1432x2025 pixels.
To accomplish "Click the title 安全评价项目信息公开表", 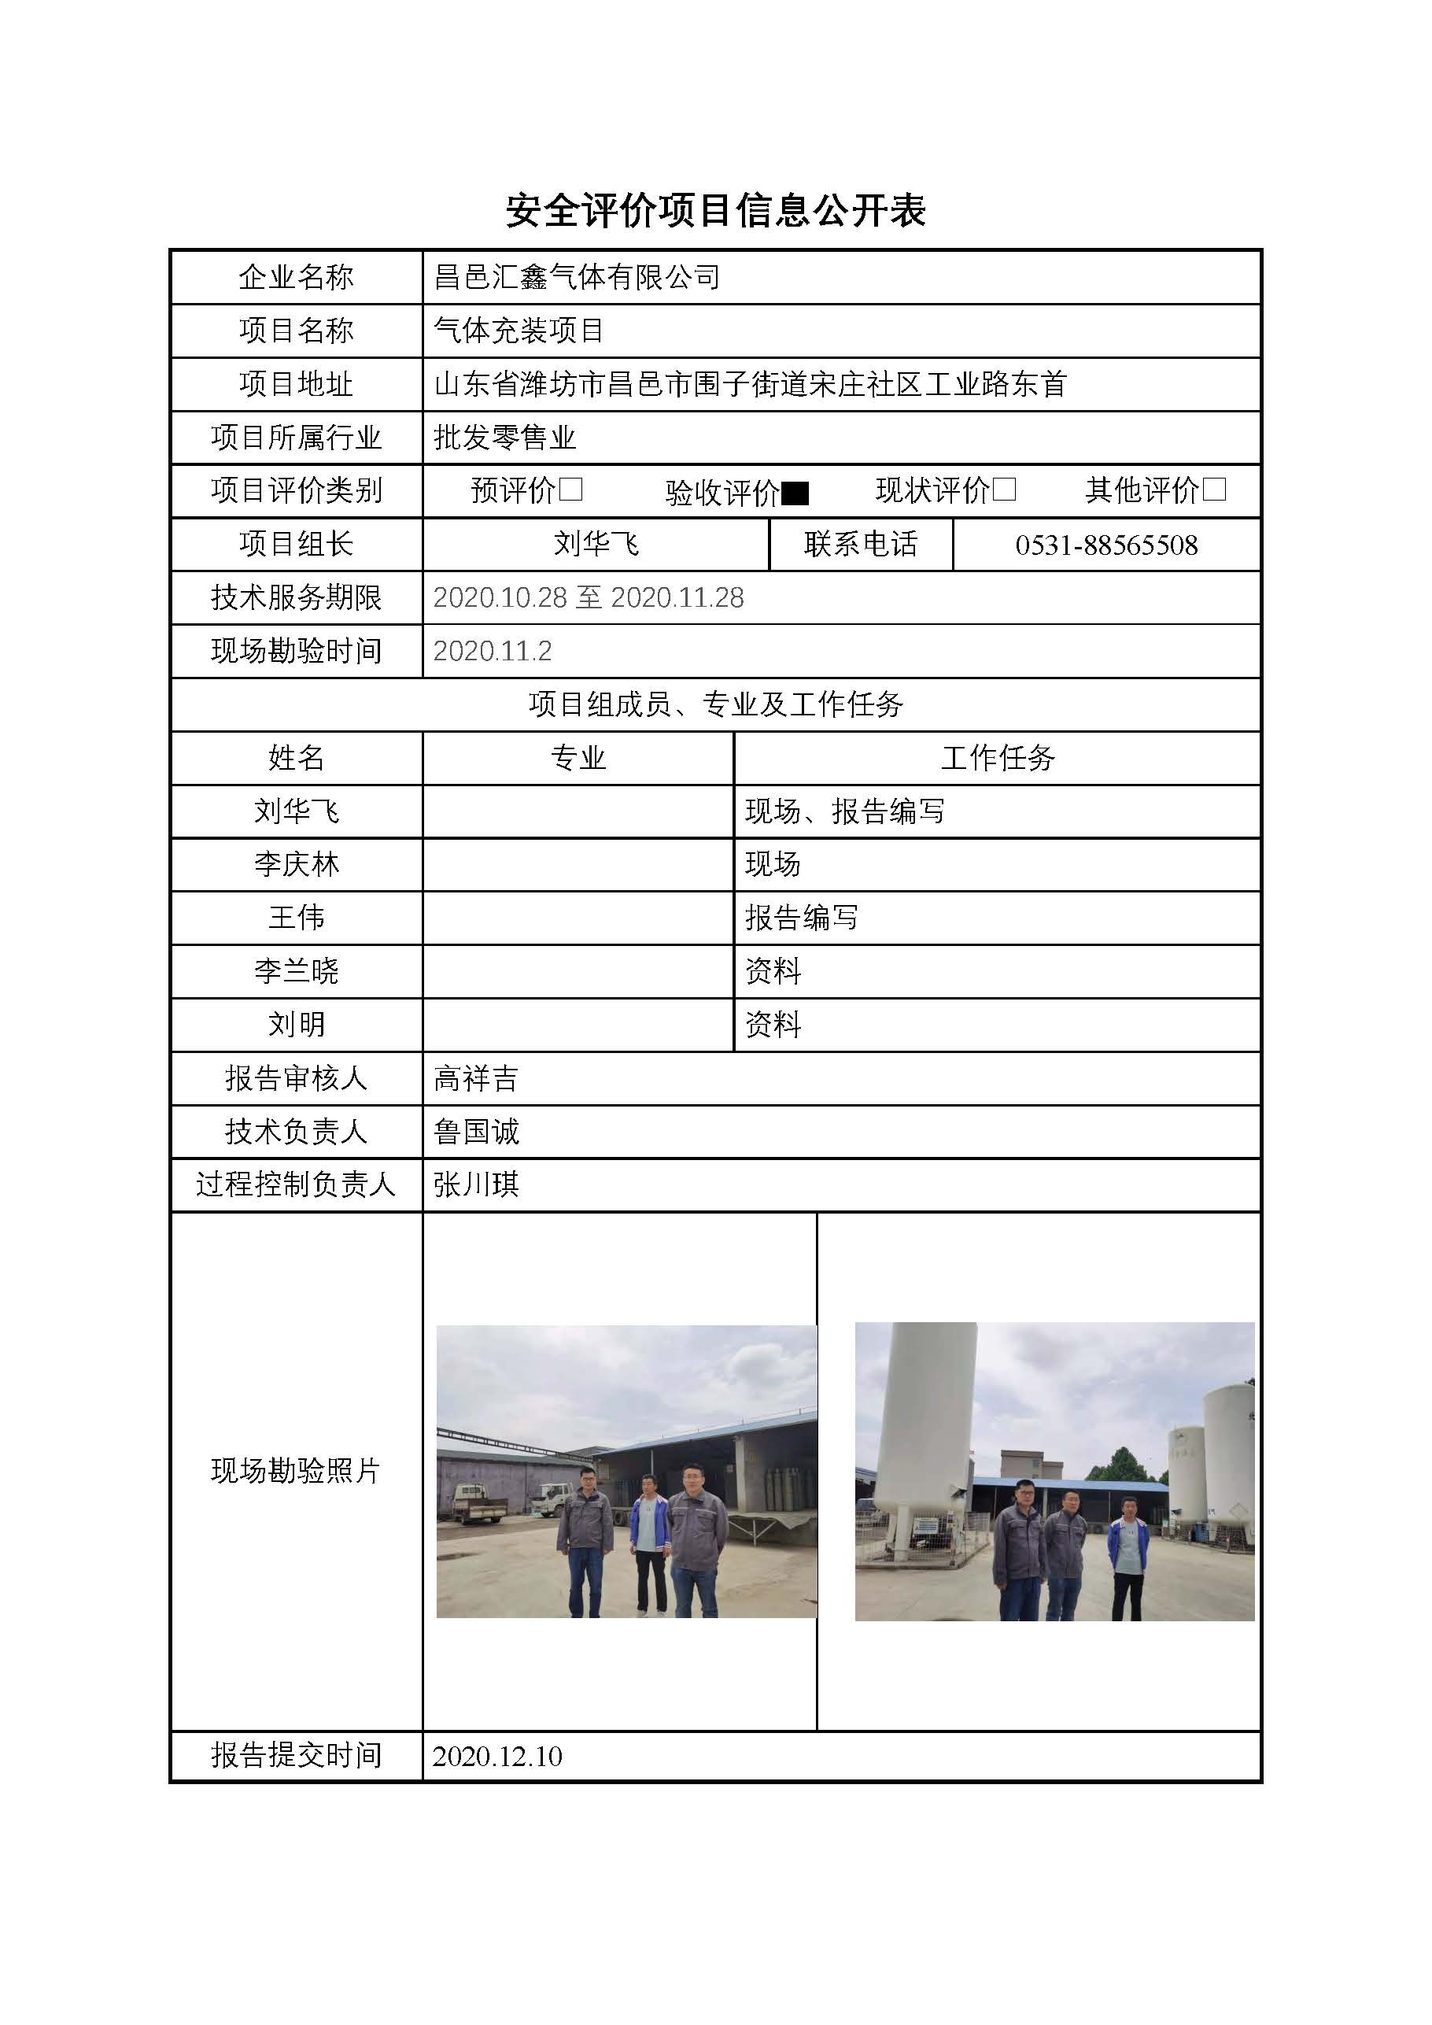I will [715, 211].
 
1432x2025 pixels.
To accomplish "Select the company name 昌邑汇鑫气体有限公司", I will [577, 278].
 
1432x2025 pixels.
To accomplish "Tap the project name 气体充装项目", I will [519, 331].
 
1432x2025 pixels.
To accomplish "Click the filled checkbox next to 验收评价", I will [795, 493].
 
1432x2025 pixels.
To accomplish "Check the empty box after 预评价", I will [571, 490].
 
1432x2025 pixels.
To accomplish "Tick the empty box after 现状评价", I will [1004, 490].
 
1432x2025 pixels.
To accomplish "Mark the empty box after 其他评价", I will [1214, 490].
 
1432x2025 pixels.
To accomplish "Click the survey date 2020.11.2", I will [492, 651].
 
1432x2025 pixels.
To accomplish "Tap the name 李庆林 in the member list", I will [297, 864].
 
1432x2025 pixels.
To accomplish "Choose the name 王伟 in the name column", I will [297, 917].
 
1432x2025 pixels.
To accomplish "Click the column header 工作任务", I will [998, 758].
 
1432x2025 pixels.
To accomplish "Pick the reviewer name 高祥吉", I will [476, 1077].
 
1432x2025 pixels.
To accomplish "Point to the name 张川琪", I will [476, 1184].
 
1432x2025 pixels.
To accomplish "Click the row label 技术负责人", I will [297, 1132].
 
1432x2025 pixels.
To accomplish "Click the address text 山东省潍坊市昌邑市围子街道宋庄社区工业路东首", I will [751, 383].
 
